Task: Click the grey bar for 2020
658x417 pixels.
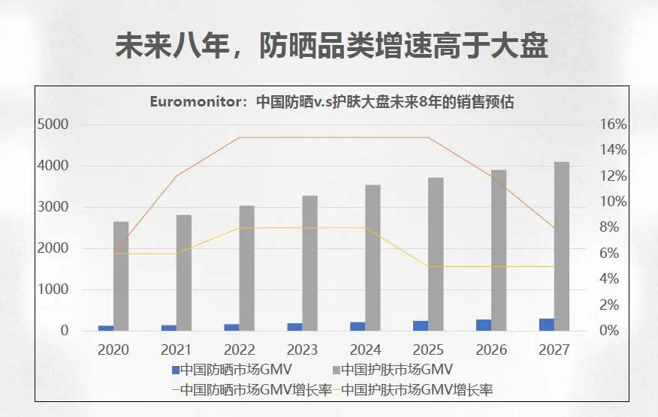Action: [120, 276]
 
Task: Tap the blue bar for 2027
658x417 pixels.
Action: [546, 325]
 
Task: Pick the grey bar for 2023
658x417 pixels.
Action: [309, 262]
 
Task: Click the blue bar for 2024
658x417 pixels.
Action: [358, 326]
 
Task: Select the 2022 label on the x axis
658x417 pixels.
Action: [240, 349]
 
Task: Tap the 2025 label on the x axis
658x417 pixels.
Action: [428, 349]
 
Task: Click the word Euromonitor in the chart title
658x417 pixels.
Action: [198, 102]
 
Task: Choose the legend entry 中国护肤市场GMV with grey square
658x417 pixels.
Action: [396, 369]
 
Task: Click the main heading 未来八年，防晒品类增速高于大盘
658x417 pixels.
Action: [330, 46]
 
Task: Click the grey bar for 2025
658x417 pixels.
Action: [436, 254]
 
